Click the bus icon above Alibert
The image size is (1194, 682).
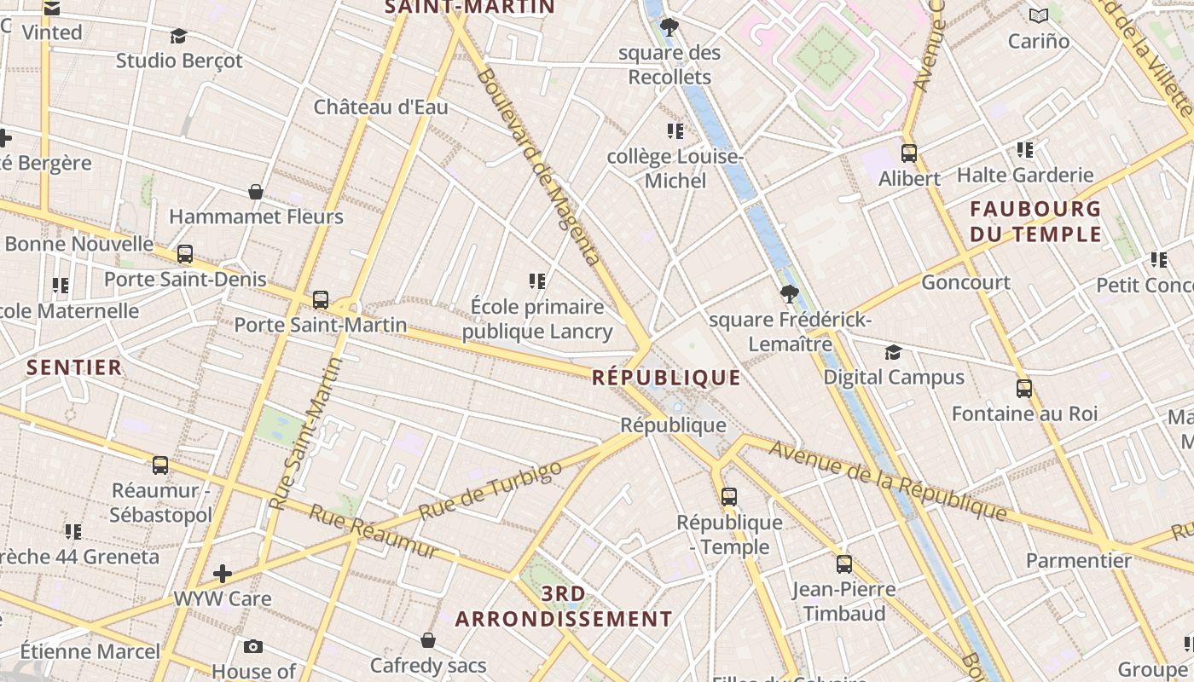909,153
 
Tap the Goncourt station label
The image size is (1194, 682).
965,282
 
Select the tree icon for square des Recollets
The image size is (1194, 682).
669,27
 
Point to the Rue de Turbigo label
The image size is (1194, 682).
490,490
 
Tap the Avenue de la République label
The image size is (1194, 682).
887,479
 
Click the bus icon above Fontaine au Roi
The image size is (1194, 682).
1024,389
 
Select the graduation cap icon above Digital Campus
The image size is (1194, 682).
893,352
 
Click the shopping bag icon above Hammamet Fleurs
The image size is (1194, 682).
255,192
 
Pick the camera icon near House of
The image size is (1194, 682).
252,646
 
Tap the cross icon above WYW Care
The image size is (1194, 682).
223,574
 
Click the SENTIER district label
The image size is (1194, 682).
74,367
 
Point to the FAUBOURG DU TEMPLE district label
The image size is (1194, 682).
1035,221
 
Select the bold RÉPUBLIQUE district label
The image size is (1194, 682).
666,378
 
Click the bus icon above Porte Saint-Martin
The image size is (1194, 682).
321,300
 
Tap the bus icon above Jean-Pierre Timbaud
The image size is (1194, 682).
843,564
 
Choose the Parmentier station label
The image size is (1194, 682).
1078,560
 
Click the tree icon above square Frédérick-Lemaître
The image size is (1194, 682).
790,294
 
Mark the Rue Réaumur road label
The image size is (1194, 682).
374,531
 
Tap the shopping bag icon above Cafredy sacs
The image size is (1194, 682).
428,639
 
